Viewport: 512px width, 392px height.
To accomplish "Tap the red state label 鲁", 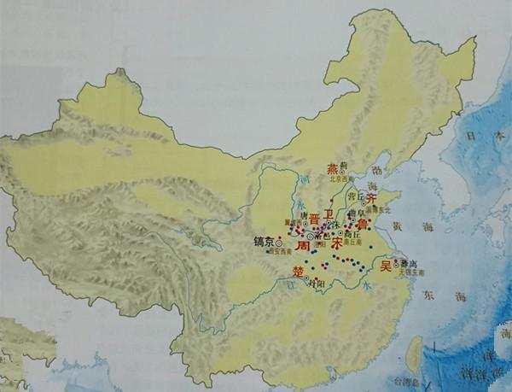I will click(362, 222).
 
